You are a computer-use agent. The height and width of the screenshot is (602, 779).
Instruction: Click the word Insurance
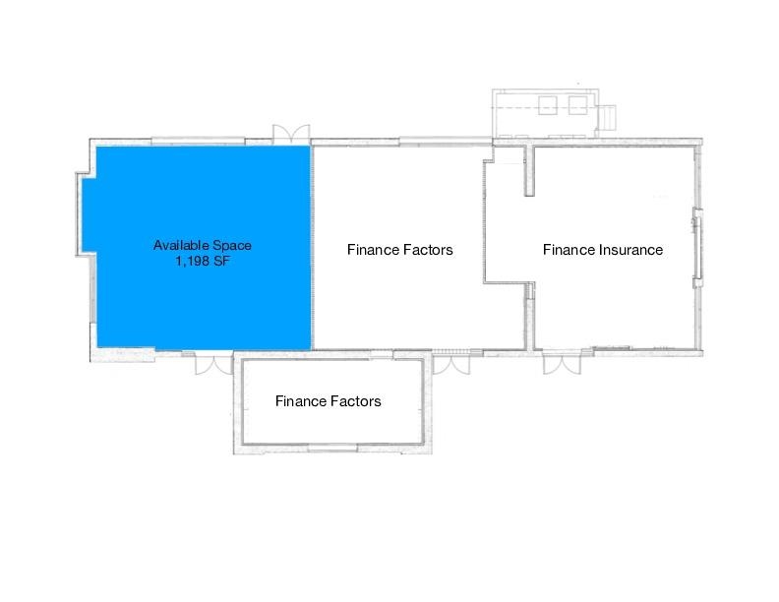click(630, 250)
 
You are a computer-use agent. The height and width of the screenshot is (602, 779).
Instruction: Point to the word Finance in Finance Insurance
click(569, 250)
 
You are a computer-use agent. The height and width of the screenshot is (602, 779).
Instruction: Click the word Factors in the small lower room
click(355, 401)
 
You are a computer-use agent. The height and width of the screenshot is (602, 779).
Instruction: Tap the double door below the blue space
click(211, 363)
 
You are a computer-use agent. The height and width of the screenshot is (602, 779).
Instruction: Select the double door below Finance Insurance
click(556, 363)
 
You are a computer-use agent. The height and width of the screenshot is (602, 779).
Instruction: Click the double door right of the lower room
click(451, 363)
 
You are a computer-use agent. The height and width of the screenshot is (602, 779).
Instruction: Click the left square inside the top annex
click(548, 104)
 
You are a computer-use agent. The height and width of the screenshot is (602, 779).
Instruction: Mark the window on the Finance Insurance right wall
click(697, 249)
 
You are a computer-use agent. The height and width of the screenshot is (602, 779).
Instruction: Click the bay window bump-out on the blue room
click(86, 212)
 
